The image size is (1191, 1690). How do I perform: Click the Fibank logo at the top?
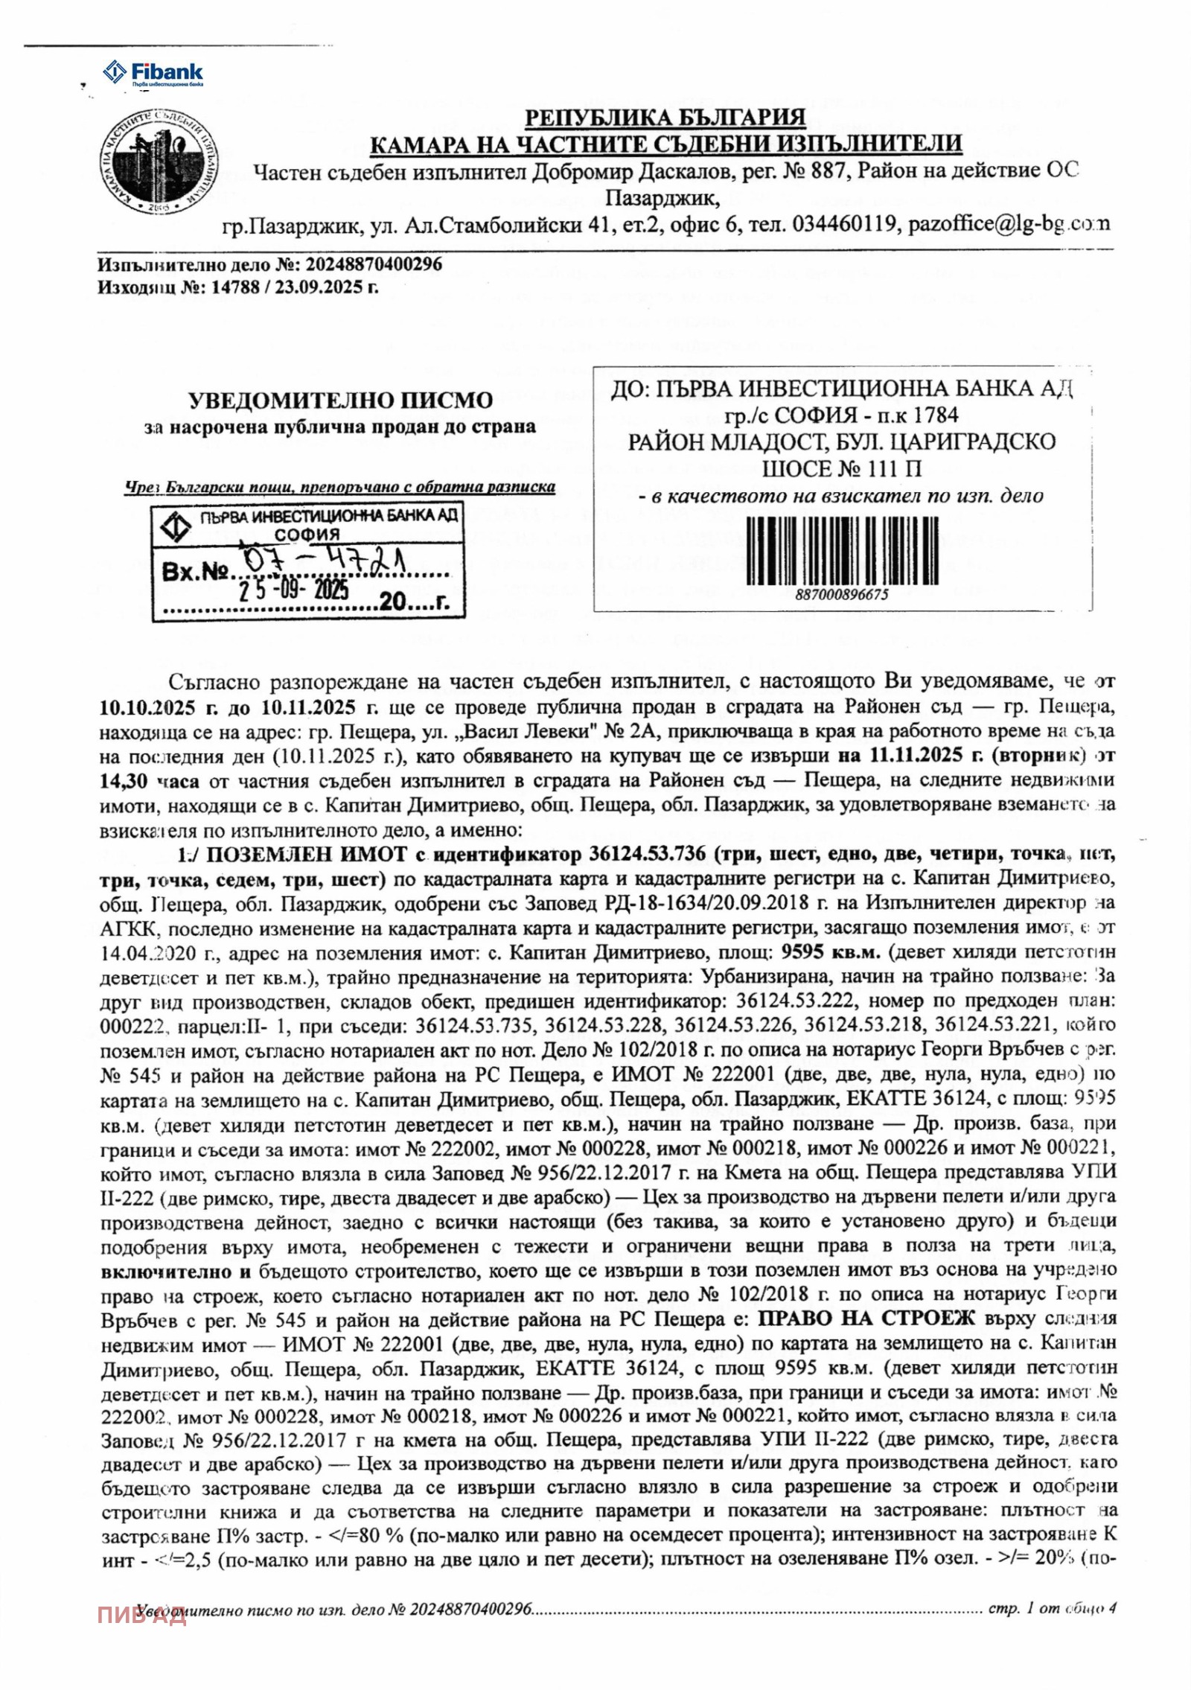point(153,73)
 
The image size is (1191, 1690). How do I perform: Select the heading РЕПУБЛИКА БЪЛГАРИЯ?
point(665,118)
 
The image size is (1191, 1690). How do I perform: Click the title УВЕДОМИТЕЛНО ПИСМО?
point(340,400)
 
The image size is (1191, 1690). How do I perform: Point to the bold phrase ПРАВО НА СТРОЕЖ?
point(866,1318)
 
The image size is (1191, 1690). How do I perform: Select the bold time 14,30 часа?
point(150,781)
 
